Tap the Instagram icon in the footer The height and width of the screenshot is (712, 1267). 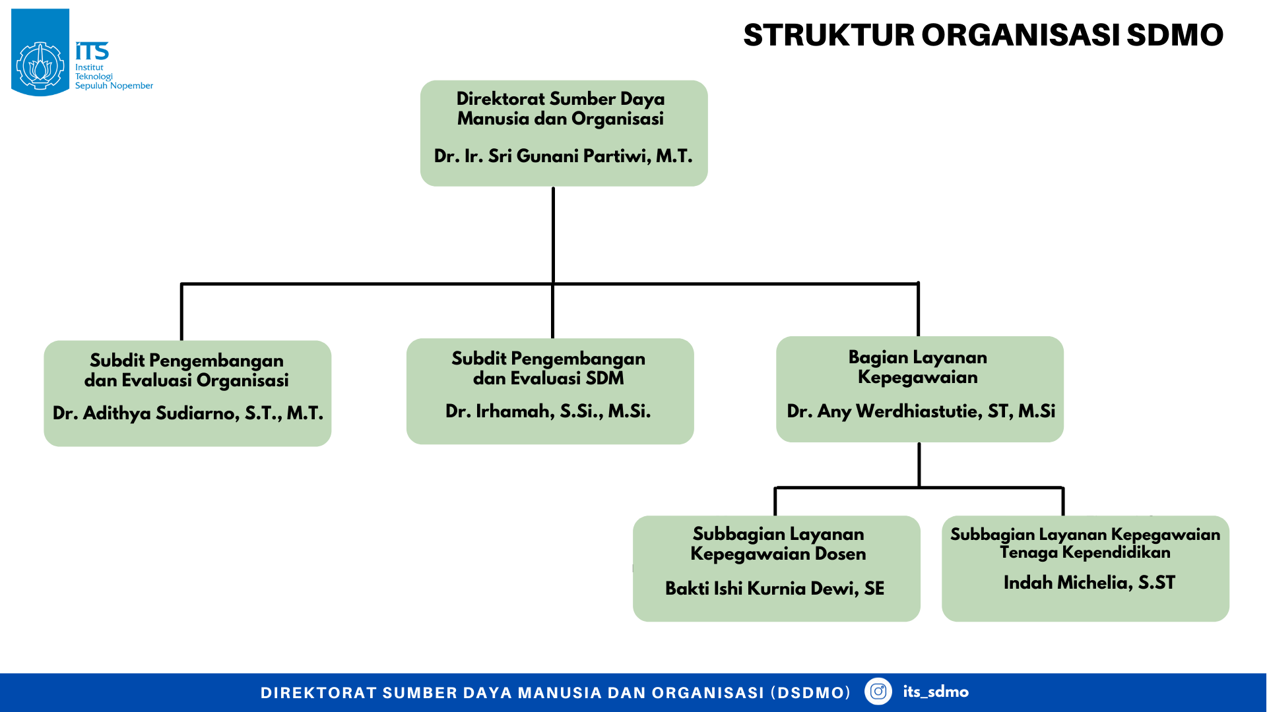point(878,692)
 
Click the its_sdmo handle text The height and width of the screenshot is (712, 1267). point(935,692)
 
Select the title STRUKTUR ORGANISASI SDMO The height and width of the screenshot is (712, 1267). point(983,36)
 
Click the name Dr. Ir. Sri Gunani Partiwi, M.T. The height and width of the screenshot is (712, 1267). point(563,156)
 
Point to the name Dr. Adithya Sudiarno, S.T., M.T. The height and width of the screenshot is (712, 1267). point(187,413)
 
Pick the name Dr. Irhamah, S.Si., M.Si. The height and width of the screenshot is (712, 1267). point(548,411)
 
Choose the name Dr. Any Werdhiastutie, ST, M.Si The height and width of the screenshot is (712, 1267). point(921,411)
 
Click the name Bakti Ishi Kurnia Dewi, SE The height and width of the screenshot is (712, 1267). point(774,588)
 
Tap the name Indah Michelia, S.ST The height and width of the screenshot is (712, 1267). point(1089,583)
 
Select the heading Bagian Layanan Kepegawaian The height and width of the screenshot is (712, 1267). point(918,367)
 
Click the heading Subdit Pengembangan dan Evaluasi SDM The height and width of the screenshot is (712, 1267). point(548,369)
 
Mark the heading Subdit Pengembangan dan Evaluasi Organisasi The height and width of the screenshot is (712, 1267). point(187,371)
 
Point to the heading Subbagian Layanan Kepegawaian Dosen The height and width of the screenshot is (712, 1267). point(778,544)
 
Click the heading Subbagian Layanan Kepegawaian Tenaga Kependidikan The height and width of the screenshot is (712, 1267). point(1085,543)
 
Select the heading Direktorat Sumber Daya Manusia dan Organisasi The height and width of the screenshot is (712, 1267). point(560,109)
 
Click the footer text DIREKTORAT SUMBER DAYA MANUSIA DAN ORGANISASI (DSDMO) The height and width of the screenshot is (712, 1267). point(555,693)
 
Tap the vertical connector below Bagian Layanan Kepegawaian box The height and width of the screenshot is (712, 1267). point(919,465)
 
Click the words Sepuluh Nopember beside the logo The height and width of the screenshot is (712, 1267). point(114,86)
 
